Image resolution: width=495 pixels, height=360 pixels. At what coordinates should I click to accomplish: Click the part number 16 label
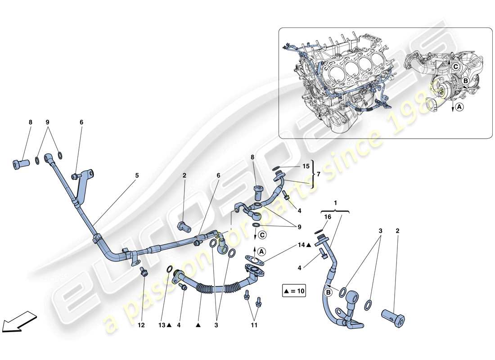coord(327,216)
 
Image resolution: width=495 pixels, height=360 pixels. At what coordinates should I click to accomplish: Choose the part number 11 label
coord(254,324)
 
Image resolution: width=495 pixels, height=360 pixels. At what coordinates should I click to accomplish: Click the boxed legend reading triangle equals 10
coord(294,291)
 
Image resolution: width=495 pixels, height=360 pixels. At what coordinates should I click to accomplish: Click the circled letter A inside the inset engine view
coord(458,107)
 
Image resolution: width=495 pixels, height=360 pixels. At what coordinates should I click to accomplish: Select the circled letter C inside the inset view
coord(455,67)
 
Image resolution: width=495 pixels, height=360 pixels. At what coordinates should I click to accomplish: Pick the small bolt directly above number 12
coord(143,271)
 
